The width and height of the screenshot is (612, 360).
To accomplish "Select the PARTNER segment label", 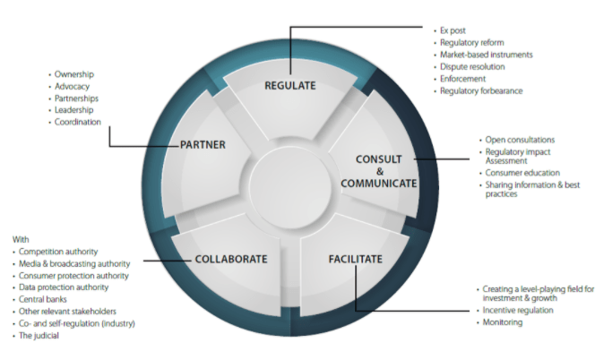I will coord(203,144).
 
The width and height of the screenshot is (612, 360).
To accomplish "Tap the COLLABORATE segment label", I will coord(231,260).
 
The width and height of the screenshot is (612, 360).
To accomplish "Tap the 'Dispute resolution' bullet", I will coord(472,66).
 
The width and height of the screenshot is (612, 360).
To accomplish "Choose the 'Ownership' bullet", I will coord(74,73).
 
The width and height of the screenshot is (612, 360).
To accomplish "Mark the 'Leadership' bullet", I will coord(74,110).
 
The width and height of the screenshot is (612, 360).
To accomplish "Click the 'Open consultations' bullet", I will coord(520,140).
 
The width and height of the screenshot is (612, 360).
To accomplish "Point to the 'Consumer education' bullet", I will coord(522,172).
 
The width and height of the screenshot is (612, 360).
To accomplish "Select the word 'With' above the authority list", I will coord(21,240).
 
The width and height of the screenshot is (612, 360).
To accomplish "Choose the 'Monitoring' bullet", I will coord(505,322).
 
